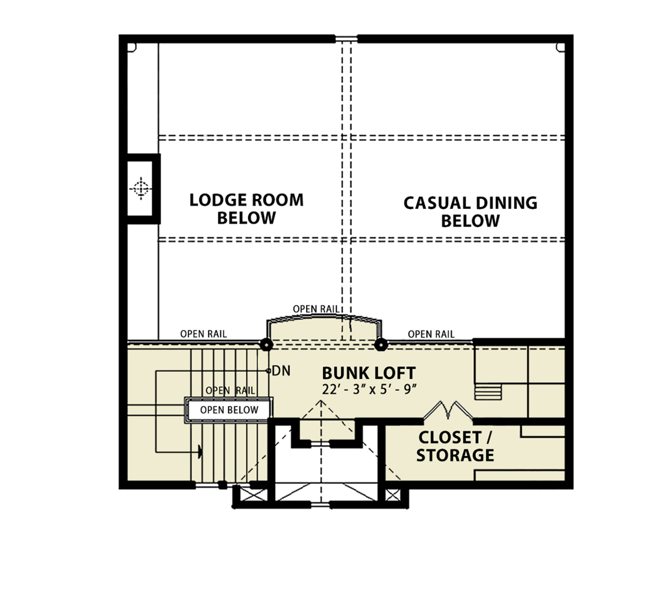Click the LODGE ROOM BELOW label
click(246, 209)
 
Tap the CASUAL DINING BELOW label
click(470, 212)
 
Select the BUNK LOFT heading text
click(369, 373)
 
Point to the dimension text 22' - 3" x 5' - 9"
click(370, 389)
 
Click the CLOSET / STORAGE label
click(455, 446)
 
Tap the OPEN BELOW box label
click(229, 410)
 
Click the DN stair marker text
click(281, 370)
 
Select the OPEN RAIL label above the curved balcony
click(316, 309)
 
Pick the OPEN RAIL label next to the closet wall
click(431, 334)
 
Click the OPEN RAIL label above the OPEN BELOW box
click(230, 391)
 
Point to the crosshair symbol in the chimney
click(141, 188)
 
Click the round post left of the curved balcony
click(266, 344)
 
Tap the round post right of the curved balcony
click(381, 344)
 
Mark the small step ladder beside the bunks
click(488, 392)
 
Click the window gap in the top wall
click(346, 39)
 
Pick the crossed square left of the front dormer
click(254, 495)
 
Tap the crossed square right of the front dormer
click(393, 495)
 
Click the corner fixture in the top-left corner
click(132, 47)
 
